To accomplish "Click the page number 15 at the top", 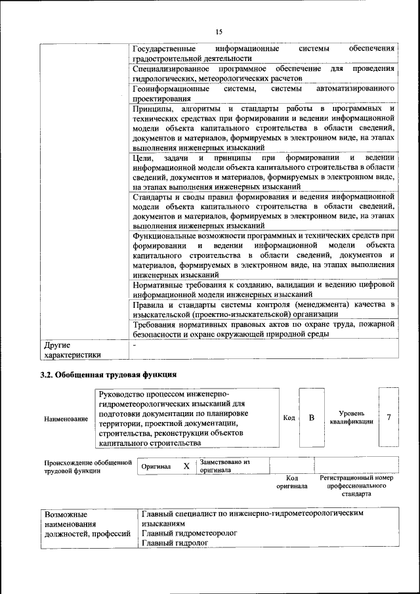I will (219, 30).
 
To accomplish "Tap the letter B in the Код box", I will (312, 418).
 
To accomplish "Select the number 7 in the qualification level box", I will (389, 417).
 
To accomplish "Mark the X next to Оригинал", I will (186, 466).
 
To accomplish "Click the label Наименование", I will (66, 418).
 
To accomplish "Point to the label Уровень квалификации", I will (352, 417).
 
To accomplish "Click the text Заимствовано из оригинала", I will (225, 465).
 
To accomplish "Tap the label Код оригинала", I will (291, 482).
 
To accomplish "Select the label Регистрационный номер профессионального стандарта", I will (356, 486).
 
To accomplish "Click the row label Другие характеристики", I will (72, 349).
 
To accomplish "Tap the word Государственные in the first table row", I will (164, 49).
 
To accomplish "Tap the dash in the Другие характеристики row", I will (135, 344).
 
